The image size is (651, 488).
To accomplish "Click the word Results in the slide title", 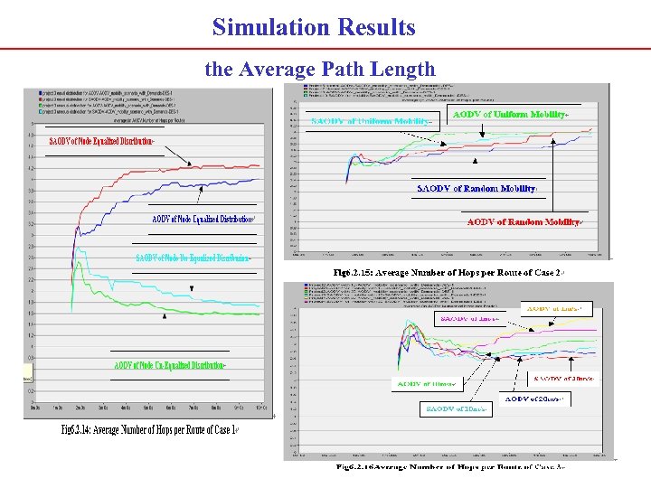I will click(x=373, y=27).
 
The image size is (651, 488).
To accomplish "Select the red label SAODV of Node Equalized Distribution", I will click(x=101, y=142).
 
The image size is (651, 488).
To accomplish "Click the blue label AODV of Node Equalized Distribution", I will click(x=203, y=219).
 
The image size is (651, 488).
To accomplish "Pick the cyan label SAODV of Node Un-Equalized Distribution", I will click(x=193, y=258).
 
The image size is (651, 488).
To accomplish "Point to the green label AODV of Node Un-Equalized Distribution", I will click(x=169, y=365).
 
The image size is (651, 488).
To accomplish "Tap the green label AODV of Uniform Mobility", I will click(x=510, y=115).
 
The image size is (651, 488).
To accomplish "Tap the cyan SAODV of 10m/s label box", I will click(x=457, y=408).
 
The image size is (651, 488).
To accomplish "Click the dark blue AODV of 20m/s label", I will click(x=534, y=399).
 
